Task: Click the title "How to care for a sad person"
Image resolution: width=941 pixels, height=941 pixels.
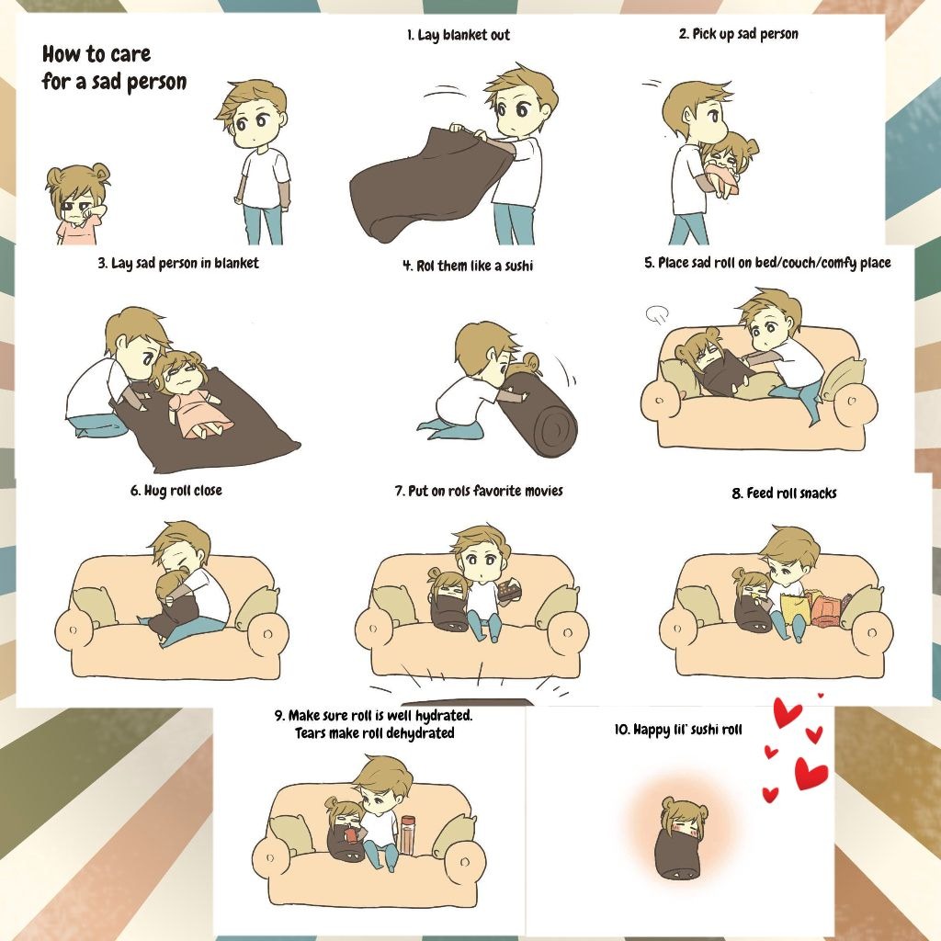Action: tap(114, 67)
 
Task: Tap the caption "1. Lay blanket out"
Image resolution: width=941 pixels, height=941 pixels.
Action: tap(458, 35)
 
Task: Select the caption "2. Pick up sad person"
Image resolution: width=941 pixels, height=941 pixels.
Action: tap(738, 34)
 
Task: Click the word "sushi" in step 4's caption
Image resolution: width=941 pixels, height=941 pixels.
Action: tap(518, 266)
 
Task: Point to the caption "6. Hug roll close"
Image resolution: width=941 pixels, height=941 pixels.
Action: tap(176, 491)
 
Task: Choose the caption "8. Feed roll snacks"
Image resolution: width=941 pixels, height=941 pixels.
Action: tap(784, 493)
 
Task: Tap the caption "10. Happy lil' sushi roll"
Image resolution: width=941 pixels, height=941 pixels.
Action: tap(678, 729)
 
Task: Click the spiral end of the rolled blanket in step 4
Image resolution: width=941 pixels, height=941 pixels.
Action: tap(556, 430)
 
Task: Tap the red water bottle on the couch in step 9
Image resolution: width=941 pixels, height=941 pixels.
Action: tap(408, 834)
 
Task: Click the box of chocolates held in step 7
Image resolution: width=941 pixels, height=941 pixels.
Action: tap(510, 589)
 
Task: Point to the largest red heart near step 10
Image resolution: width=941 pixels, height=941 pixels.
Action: tap(811, 773)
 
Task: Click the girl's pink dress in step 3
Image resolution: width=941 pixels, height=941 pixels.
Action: tap(198, 408)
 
